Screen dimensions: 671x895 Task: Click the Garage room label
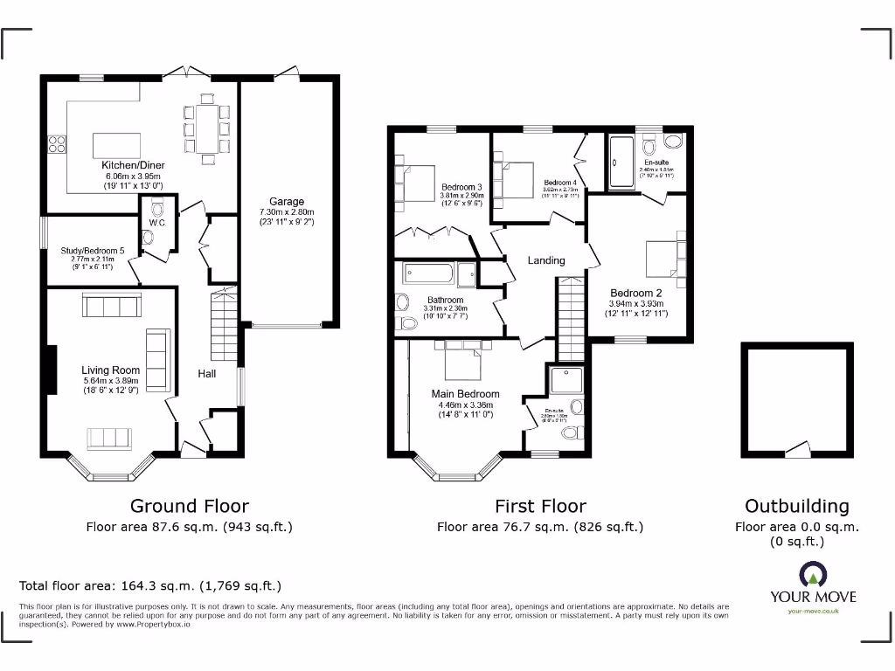pyautogui.click(x=287, y=202)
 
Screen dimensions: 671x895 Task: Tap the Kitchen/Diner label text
pyautogui.click(x=133, y=165)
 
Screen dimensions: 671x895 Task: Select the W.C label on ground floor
pyautogui.click(x=157, y=223)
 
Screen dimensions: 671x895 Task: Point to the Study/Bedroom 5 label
pyautogui.click(x=93, y=252)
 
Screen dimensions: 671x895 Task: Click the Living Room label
pyautogui.click(x=111, y=370)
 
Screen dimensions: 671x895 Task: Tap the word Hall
pyautogui.click(x=207, y=374)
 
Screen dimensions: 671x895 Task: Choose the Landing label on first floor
pyautogui.click(x=546, y=260)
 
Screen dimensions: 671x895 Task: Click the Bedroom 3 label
pyautogui.click(x=461, y=187)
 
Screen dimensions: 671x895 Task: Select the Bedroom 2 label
pyautogui.click(x=636, y=293)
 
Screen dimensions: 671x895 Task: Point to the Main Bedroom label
pyautogui.click(x=466, y=394)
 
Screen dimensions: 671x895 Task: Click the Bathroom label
pyautogui.click(x=445, y=301)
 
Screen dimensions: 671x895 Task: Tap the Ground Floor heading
pyautogui.click(x=190, y=506)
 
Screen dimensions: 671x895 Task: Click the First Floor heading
pyautogui.click(x=540, y=506)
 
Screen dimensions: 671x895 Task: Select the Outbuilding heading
pyautogui.click(x=796, y=506)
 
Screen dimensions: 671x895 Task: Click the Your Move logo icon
pyautogui.click(x=812, y=574)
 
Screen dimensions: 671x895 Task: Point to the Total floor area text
pyautogui.click(x=150, y=586)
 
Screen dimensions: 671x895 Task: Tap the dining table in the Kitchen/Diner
pyautogui.click(x=207, y=128)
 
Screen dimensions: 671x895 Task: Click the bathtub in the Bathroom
pyautogui.click(x=428, y=276)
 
